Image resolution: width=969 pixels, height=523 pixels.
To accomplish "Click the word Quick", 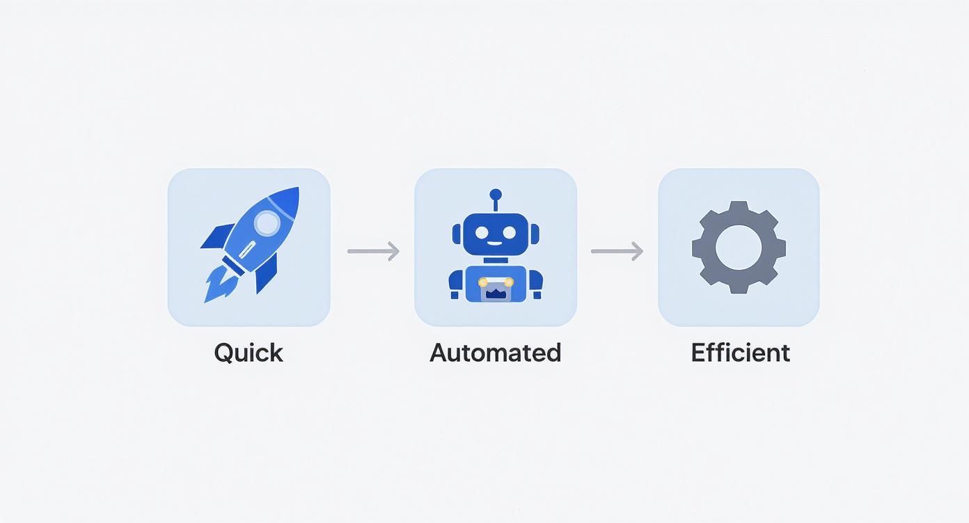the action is point(249,353).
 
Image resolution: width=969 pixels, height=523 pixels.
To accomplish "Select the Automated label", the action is point(496,353).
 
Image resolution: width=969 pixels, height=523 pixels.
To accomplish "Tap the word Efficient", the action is point(741,353).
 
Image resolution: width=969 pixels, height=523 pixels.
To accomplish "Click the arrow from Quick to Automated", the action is point(373,251).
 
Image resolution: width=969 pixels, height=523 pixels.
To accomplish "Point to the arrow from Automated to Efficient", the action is point(617,251).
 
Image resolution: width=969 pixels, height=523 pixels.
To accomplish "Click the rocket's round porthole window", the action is point(267,223).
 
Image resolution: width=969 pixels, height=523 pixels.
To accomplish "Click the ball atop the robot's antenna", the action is point(496,195).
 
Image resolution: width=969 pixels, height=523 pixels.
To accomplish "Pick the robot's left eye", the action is point(482,232).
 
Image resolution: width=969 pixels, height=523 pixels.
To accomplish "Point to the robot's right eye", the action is point(509,232).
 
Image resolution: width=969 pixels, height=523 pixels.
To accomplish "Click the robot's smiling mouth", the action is point(496,243).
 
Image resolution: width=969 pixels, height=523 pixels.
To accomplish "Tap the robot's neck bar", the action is point(496,260).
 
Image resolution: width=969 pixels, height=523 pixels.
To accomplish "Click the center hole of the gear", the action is point(739,248).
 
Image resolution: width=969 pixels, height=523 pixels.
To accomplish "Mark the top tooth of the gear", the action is point(739,207).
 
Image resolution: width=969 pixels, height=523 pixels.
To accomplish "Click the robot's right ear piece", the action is point(535,234).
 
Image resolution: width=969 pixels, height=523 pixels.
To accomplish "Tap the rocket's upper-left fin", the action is point(218,236).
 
